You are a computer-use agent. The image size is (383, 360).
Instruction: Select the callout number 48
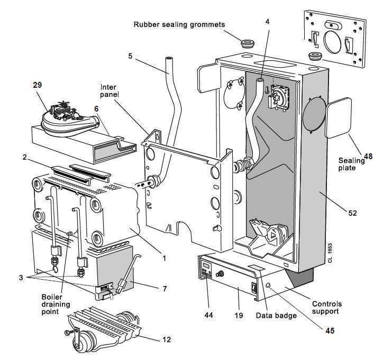click(368, 156)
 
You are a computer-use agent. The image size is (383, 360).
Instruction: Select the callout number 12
click(167, 339)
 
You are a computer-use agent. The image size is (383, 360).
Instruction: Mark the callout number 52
click(352, 213)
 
